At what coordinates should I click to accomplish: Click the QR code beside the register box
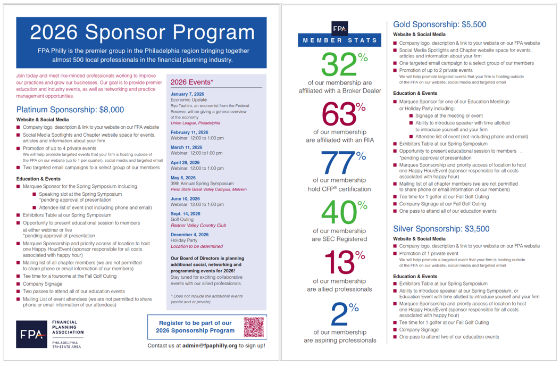pyautogui.click(x=254, y=327)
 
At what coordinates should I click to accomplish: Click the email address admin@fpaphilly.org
pyautogui.click(x=210, y=346)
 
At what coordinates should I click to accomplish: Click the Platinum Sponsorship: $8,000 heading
pyautogui.click(x=70, y=110)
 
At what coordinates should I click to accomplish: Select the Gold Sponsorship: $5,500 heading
pyautogui.click(x=439, y=24)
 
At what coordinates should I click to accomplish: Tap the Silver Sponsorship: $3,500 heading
pyautogui.click(x=441, y=229)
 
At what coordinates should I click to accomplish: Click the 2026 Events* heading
pyautogui.click(x=192, y=82)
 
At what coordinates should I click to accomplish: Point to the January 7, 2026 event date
pyautogui.click(x=187, y=94)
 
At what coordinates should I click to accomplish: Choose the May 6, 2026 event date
pyautogui.click(x=183, y=178)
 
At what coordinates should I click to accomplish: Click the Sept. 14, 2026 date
pyautogui.click(x=185, y=214)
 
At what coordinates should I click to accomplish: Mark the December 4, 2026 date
pyautogui.click(x=189, y=235)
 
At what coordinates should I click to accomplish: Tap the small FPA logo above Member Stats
pyautogui.click(x=339, y=29)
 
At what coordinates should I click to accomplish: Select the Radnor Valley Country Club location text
pyautogui.click(x=198, y=225)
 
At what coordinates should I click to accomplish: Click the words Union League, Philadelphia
pyautogui.click(x=195, y=123)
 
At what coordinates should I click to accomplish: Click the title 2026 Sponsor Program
pyautogui.click(x=142, y=32)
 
